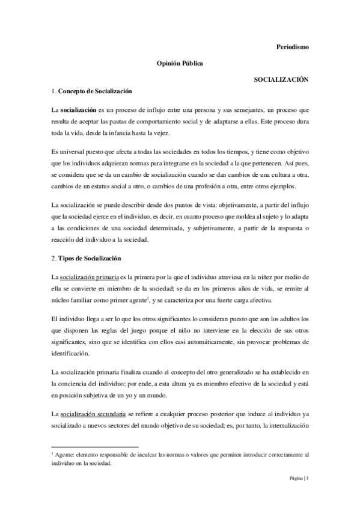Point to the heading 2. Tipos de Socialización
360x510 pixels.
click(87, 258)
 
